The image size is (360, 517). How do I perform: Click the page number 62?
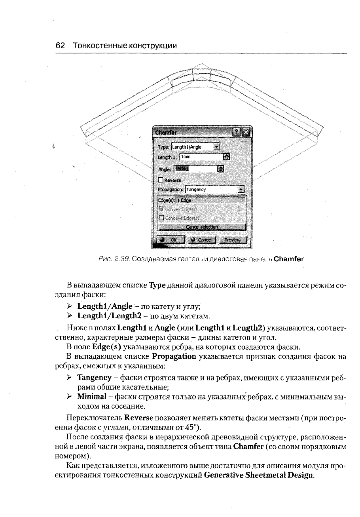point(61,46)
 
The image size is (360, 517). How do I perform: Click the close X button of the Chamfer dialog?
point(246,132)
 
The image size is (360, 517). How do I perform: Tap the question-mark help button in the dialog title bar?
point(237,132)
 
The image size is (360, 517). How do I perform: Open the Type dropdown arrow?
point(216,147)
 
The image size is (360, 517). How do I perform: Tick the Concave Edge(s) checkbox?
point(161,218)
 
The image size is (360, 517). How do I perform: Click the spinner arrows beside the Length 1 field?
point(226,157)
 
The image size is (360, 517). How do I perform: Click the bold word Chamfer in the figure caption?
point(288,259)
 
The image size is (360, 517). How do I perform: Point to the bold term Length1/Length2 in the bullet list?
point(105,316)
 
